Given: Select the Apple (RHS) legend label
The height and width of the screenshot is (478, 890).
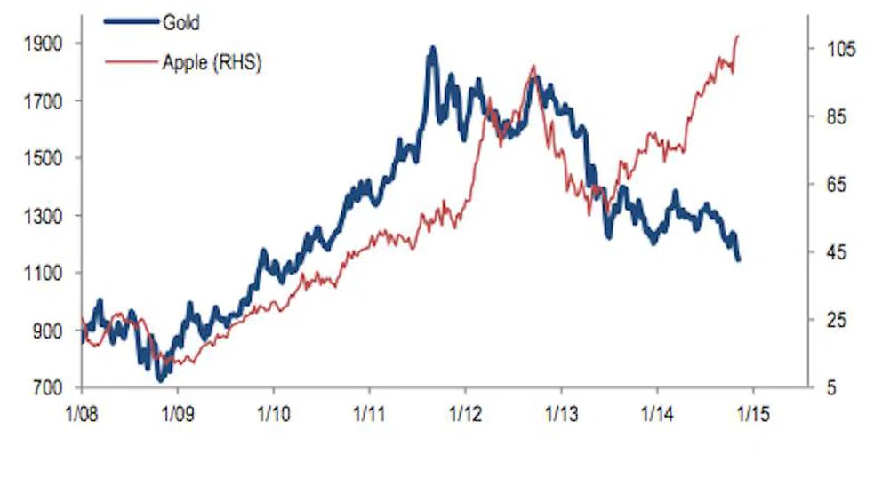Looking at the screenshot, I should [212, 62].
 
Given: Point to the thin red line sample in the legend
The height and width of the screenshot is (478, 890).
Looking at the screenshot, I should [132, 62].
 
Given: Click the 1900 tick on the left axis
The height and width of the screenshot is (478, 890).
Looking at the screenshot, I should [43, 44].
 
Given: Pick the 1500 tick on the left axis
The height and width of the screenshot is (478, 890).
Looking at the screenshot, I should [43, 158].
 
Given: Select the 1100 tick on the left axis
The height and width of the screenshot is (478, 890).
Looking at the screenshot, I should [43, 273].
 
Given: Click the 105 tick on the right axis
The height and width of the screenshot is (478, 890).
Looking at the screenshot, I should [840, 49].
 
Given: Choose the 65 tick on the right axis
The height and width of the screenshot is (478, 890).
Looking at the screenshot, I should [837, 185].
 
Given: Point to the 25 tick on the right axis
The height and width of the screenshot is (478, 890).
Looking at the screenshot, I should [837, 320].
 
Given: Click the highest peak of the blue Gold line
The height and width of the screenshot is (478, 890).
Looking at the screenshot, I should [432, 49].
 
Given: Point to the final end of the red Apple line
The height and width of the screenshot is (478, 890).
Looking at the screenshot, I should [738, 36].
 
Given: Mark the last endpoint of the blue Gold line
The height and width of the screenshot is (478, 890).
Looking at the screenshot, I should [738, 259].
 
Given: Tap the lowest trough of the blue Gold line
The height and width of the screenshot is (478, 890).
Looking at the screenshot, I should [161, 378].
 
